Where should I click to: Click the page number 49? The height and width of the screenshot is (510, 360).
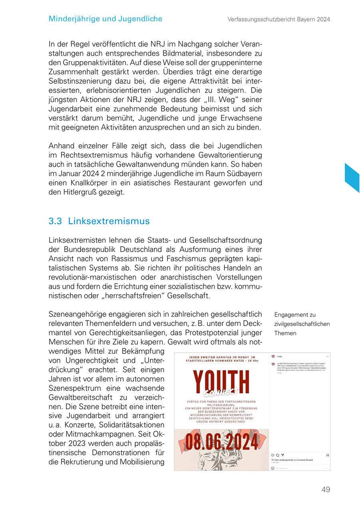(x=326, y=489)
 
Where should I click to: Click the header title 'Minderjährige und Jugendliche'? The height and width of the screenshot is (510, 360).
(x=105, y=19)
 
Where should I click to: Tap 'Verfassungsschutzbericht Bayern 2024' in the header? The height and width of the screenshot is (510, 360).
(x=279, y=19)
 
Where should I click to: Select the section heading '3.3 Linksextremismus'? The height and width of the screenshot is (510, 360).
(x=99, y=221)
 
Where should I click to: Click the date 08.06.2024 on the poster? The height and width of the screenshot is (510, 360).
(x=222, y=442)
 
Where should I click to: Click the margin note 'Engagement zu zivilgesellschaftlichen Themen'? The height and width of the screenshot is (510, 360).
(x=302, y=324)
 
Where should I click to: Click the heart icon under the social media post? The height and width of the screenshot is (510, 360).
(x=273, y=455)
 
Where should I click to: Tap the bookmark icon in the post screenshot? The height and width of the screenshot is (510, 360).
(x=328, y=455)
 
